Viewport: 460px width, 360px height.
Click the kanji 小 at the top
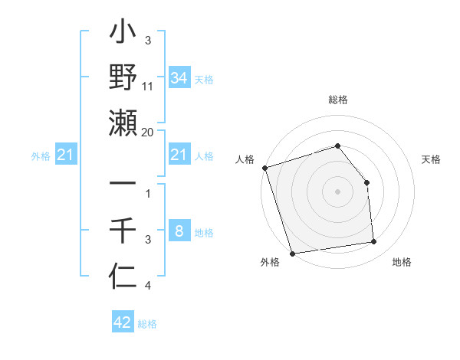123,34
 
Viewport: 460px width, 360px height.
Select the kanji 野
123,78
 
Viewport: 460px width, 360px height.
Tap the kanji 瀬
123,123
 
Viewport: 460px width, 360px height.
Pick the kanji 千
123,229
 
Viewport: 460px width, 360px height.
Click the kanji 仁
123,274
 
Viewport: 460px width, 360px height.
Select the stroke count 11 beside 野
148,87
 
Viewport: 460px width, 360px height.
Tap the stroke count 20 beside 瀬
148,132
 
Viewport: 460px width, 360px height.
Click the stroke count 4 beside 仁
148,286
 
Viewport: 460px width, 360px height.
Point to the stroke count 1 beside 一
148,194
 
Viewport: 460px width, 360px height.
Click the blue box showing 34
179,78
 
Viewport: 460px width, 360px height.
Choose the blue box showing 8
179,231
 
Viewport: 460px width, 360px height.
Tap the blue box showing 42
123,322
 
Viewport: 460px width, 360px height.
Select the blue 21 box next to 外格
65,155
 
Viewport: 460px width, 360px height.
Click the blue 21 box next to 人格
179,155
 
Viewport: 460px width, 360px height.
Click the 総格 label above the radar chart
337,100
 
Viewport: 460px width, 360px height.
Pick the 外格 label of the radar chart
270,262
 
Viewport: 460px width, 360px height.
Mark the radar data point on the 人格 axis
264,168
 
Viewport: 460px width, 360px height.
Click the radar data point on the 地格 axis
374,242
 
